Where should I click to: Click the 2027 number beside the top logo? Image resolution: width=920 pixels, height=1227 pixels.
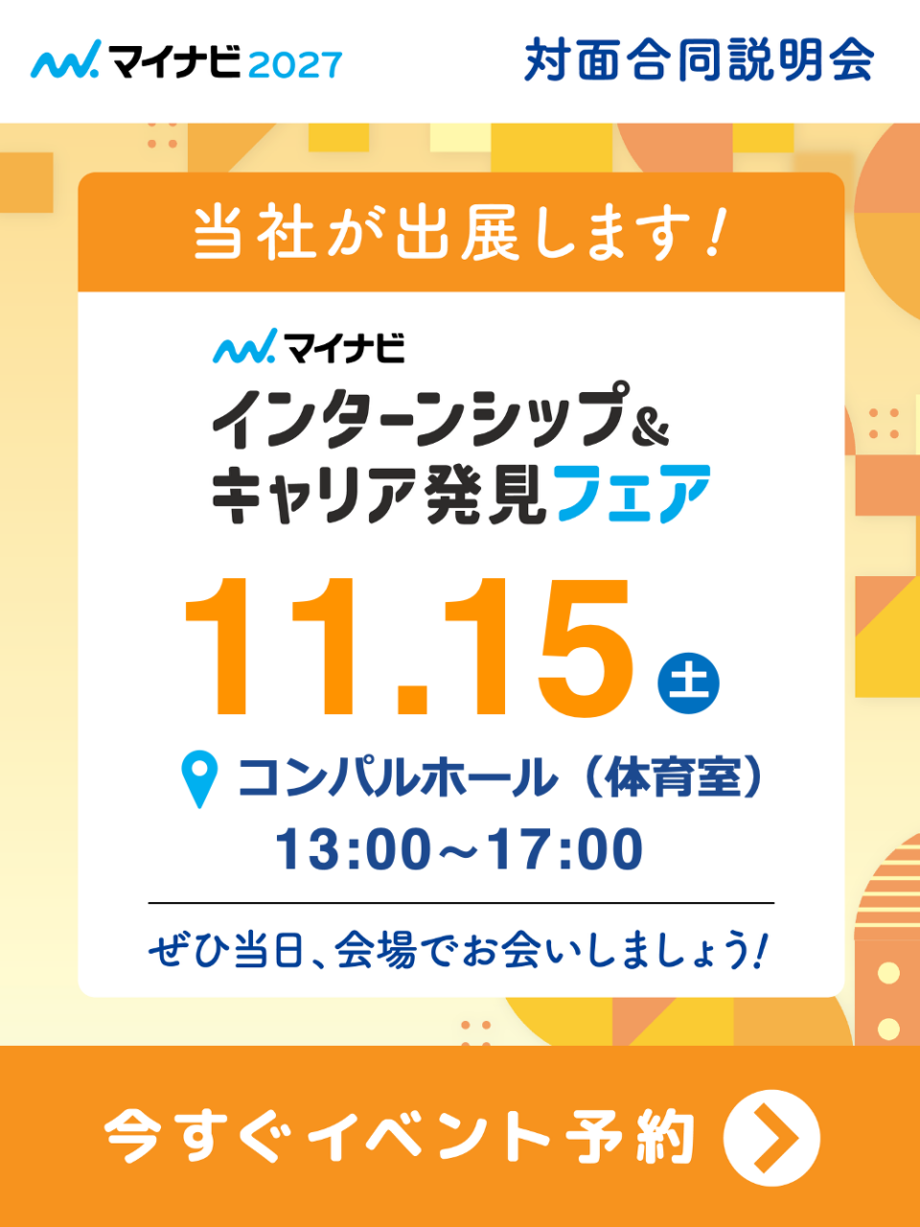pos(294,65)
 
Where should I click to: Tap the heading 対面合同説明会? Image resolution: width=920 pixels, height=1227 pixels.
pos(700,59)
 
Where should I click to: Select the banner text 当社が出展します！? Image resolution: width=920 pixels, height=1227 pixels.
pos(461,233)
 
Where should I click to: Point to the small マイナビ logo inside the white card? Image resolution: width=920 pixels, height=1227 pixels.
pos(309,346)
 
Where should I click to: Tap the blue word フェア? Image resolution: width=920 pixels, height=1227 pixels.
pos(633,494)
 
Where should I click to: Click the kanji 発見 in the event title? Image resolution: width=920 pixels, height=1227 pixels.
pos(485,494)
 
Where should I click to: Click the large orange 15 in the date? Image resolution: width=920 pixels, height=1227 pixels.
pos(539,648)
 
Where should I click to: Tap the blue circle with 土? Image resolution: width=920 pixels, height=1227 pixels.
pos(688,683)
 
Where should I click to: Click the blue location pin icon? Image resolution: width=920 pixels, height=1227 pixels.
pos(199,778)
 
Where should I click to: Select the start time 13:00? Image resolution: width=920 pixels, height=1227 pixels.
pos(353,849)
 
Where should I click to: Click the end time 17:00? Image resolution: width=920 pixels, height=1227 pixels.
pos(565,849)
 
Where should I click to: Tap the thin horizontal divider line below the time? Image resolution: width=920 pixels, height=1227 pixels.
pos(461,903)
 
